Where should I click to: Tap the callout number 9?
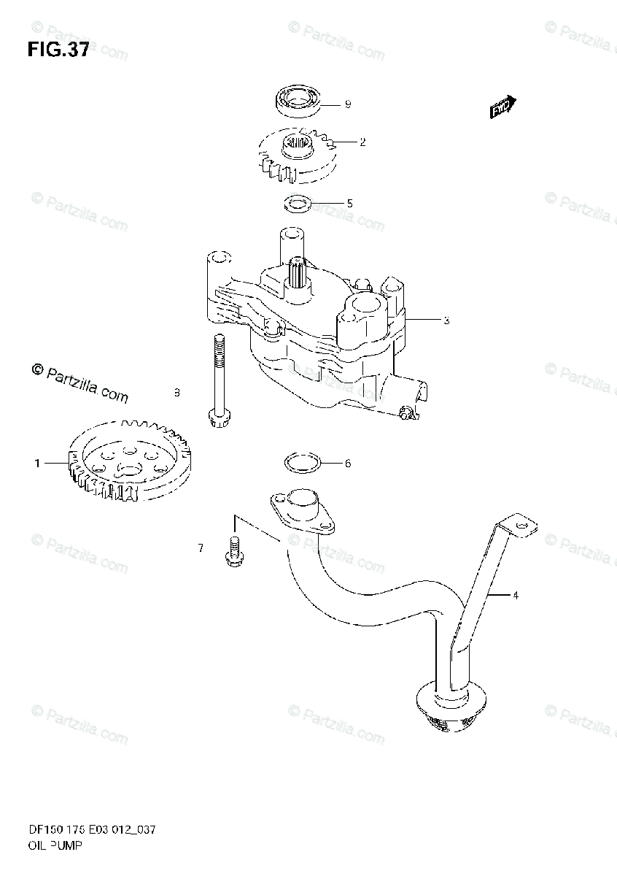click(x=348, y=104)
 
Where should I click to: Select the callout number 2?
click(x=362, y=142)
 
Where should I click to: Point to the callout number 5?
click(x=349, y=204)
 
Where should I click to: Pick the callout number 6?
click(x=348, y=464)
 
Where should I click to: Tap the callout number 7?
click(x=201, y=547)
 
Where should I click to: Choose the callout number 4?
click(x=515, y=596)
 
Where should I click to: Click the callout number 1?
click(x=36, y=462)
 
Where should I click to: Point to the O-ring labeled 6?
click(x=300, y=462)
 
